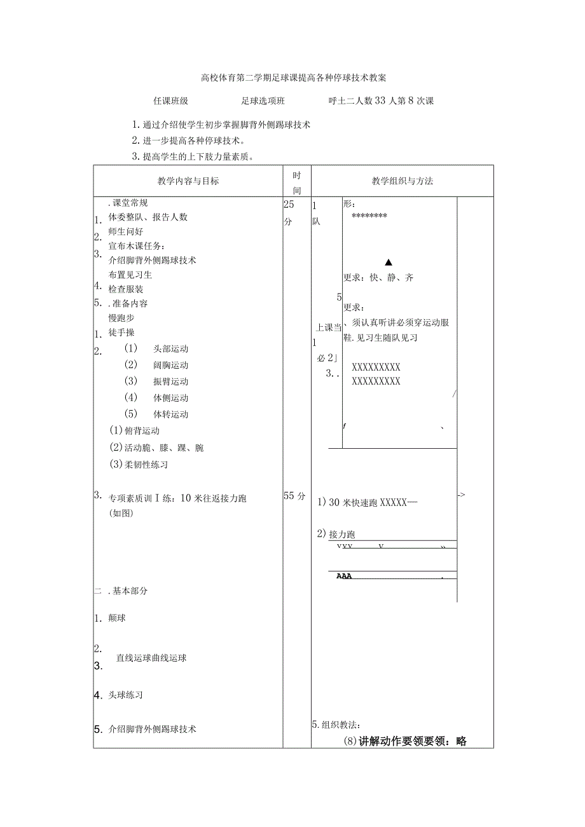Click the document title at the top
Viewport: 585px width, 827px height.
(293, 78)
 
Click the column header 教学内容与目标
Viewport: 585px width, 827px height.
(188, 181)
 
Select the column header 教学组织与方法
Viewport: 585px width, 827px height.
(402, 181)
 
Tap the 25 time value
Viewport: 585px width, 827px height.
(289, 205)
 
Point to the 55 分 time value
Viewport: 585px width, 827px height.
(294, 496)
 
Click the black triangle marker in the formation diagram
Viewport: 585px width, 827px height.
(389, 262)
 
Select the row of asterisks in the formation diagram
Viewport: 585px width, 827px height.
(369, 216)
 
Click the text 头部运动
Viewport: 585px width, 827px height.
(170, 349)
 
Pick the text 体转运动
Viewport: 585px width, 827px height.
(170, 414)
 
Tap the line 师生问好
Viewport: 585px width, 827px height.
(126, 232)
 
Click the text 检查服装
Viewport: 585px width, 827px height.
(126, 289)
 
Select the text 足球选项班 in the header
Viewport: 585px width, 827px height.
(263, 101)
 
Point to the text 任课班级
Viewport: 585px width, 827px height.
(170, 101)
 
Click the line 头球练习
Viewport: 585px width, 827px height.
(126, 695)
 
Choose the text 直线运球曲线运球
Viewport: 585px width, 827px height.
(151, 658)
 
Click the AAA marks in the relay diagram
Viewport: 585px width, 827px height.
(344, 577)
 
